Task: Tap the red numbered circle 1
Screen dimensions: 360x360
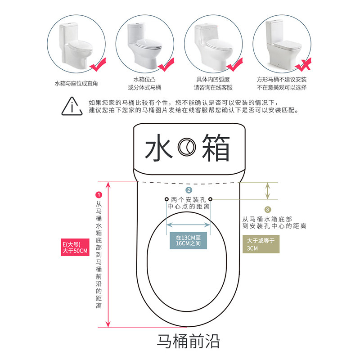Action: pyautogui.click(x=99, y=194)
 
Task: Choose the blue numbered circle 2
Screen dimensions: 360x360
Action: pyautogui.click(x=189, y=190)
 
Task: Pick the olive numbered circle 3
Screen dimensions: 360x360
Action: pyautogui.click(x=268, y=209)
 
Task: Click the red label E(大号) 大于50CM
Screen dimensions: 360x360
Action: pyautogui.click(x=75, y=247)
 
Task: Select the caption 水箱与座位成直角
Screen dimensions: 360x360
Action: pyautogui.click(x=76, y=84)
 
